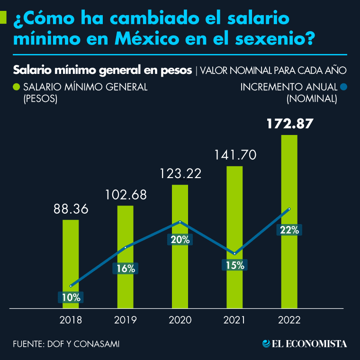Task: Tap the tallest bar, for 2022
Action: click(x=289, y=180)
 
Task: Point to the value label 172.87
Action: click(x=289, y=124)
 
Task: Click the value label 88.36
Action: click(x=71, y=209)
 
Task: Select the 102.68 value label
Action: click(x=126, y=195)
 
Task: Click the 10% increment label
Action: click(x=71, y=297)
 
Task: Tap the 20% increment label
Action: click(x=180, y=240)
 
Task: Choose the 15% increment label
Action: click(x=234, y=265)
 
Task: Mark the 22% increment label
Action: click(x=289, y=230)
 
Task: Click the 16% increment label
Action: click(x=126, y=268)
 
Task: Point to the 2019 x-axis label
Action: click(x=126, y=320)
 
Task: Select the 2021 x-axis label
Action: click(x=234, y=320)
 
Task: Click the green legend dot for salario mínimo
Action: click(x=16, y=87)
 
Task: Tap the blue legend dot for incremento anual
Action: click(x=344, y=87)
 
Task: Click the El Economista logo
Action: click(x=305, y=343)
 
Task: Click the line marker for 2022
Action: click(x=289, y=209)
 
